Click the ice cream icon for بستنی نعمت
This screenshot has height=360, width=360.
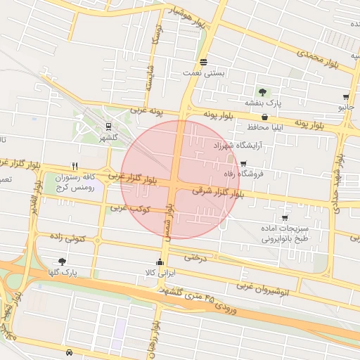click(203, 62)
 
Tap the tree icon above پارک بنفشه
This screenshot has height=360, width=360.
click(262, 92)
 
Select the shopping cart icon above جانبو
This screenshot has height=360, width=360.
click(346, 97)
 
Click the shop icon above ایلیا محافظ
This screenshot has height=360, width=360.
click(264, 117)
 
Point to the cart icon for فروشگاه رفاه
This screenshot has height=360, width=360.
click(243, 163)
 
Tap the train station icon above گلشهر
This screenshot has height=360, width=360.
click(108, 127)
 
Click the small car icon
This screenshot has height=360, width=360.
click(68, 352)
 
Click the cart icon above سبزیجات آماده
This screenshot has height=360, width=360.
click(284, 218)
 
